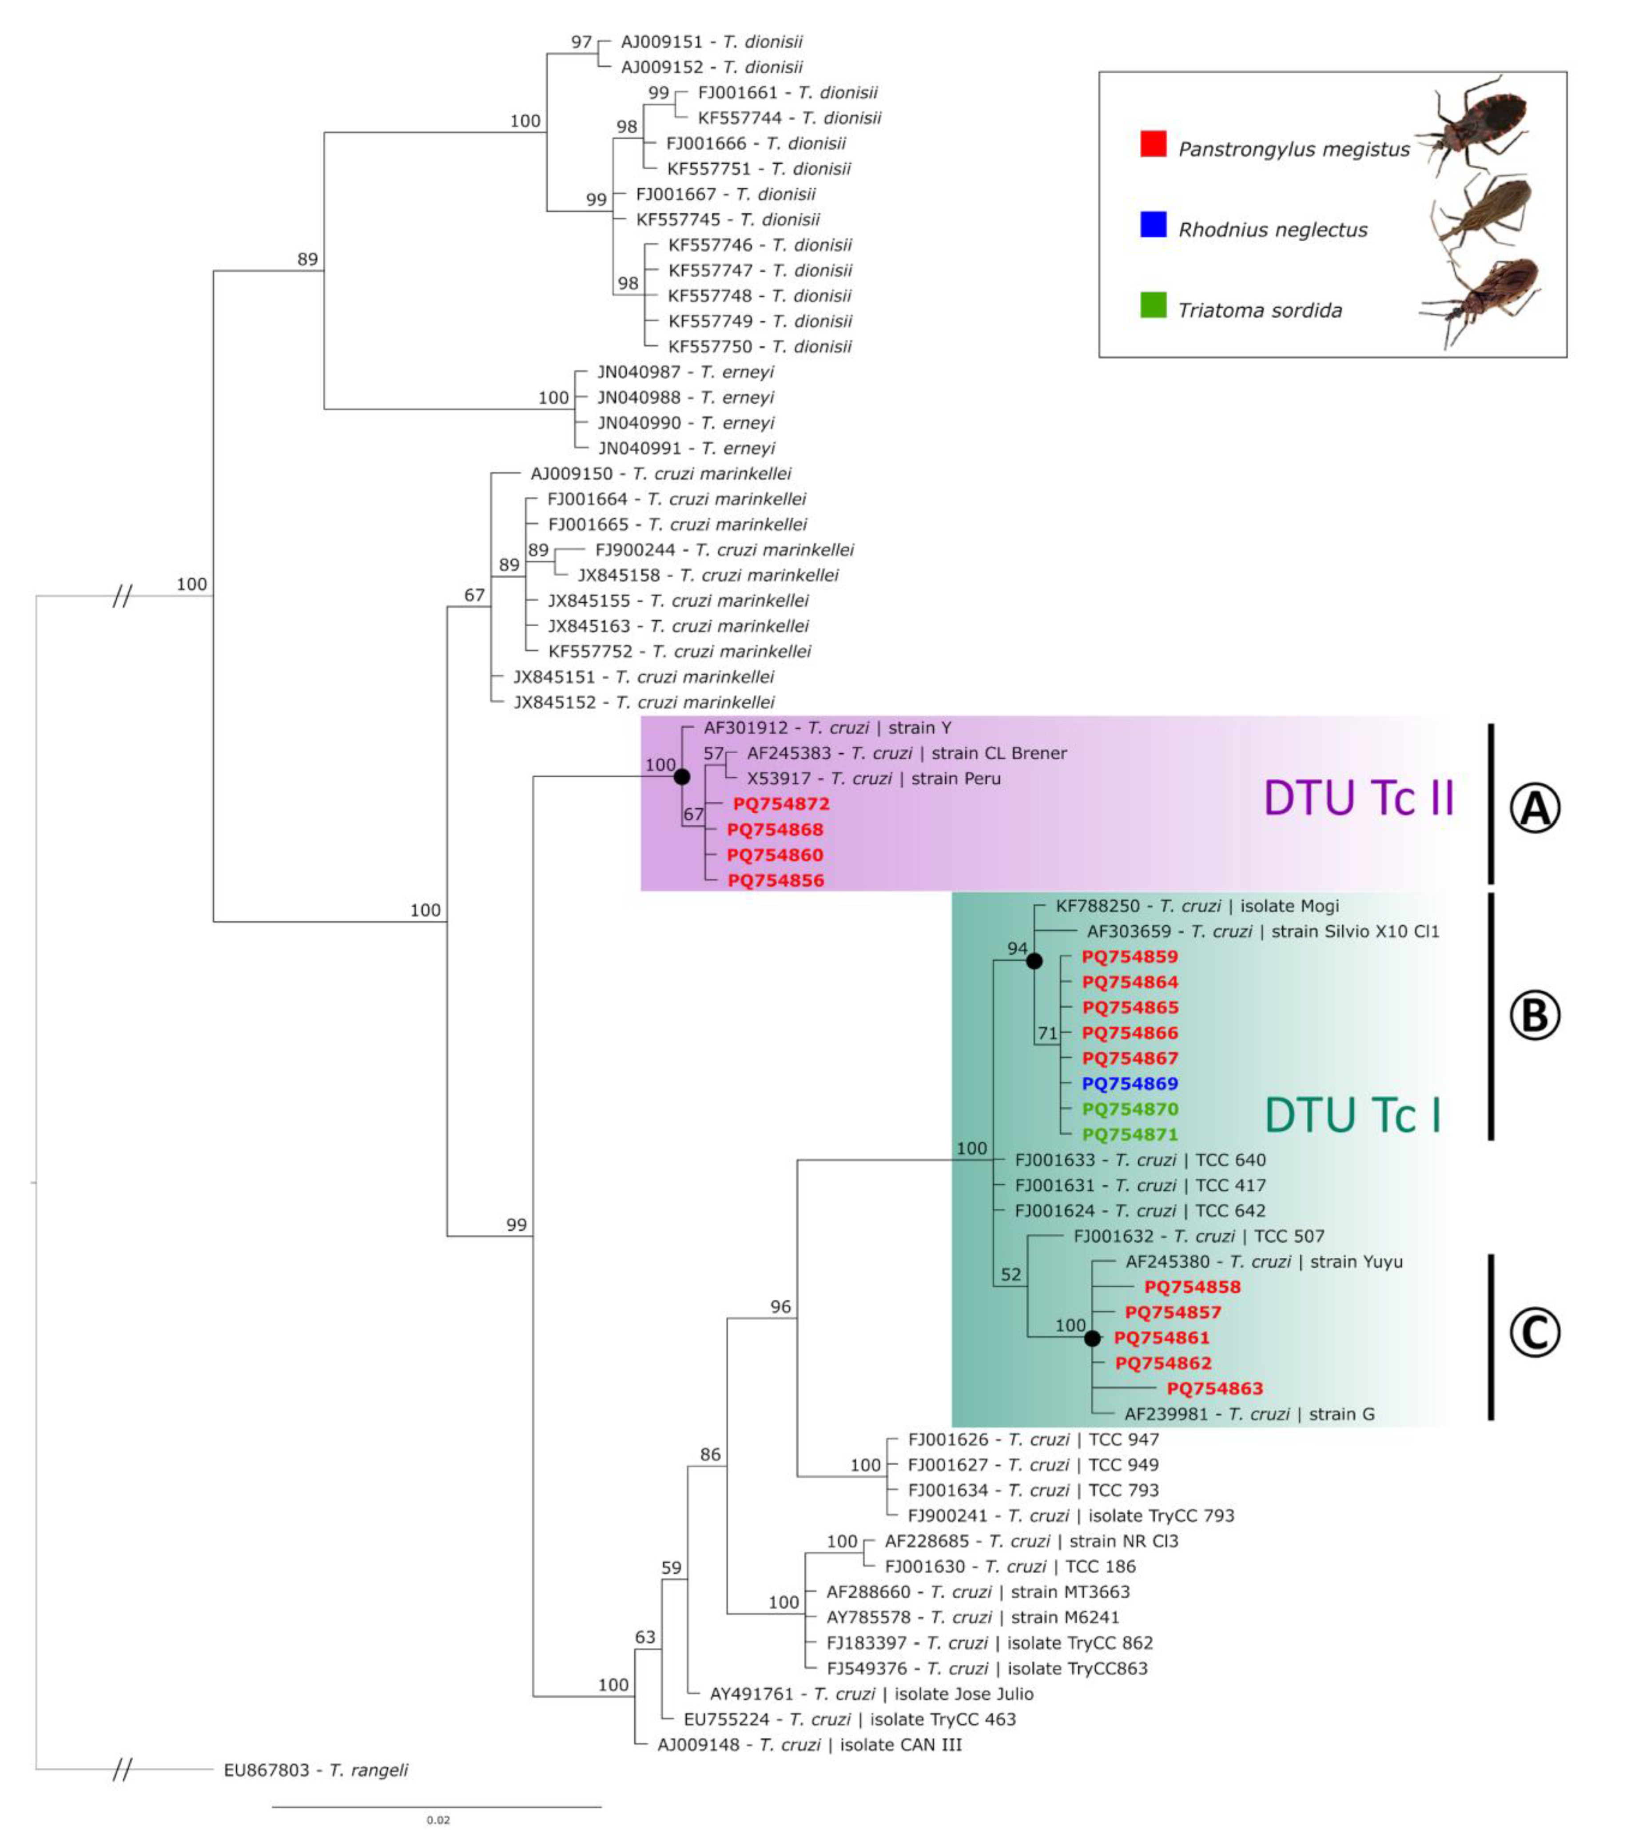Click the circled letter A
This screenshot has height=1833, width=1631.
(1535, 808)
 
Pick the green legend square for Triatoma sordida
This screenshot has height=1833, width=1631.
(1153, 305)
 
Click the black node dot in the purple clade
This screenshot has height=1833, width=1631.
(681, 777)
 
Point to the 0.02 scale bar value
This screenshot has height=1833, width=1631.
(438, 1820)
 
